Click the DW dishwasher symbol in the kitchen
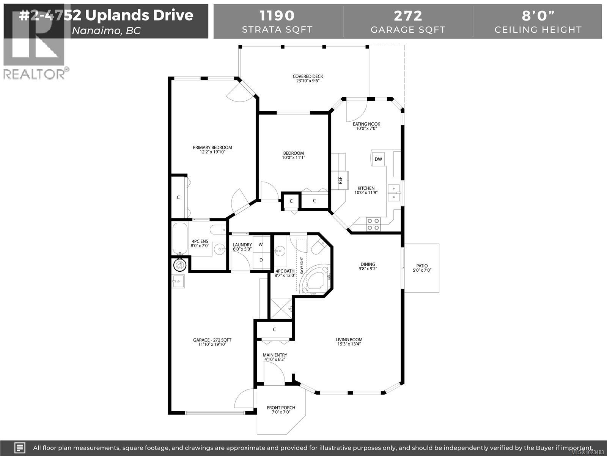click(378, 159)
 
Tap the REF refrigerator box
click(340, 180)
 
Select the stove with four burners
click(373, 224)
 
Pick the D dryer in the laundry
click(261, 260)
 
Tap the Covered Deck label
click(308, 76)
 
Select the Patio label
click(421, 266)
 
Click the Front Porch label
click(281, 408)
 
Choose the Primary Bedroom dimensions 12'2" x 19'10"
click(212, 152)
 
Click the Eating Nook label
click(366, 124)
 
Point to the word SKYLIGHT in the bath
click(302, 265)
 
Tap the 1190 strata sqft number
click(277, 16)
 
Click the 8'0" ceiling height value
click(538, 16)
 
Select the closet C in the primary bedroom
click(178, 197)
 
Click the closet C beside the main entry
click(274, 329)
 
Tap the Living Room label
click(349, 340)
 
